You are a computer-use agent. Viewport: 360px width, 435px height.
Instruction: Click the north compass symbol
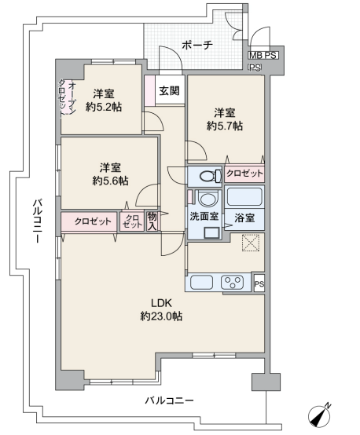pos(320,415)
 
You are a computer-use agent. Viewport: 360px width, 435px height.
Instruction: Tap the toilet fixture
pos(210,176)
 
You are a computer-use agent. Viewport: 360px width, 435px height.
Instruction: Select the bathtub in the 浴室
pos(244,196)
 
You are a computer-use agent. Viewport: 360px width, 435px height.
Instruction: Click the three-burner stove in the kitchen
pos(232,282)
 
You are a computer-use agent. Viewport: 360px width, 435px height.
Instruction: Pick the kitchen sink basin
pos(201,282)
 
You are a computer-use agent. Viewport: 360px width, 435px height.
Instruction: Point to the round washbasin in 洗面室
pos(208,199)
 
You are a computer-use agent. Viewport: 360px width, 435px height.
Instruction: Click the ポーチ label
pos(197,45)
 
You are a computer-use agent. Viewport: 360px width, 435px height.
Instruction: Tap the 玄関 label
pos(169,91)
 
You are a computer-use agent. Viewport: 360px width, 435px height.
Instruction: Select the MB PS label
pos(263,56)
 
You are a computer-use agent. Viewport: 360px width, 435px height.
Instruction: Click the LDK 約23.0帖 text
pos(161,309)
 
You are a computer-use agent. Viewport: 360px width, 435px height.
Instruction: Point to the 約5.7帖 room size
pos(225,126)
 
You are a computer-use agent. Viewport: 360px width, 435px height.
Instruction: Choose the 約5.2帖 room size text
pos(104,107)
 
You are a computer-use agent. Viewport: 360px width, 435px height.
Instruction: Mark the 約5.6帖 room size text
pos(110,181)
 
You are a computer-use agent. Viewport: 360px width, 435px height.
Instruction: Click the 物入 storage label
pos(152,221)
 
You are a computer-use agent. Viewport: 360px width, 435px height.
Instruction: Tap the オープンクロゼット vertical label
pos(67,97)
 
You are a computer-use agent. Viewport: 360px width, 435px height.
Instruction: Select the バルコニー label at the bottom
pos(169,400)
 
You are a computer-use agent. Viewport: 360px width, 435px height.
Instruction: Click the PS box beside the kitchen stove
pos(259,283)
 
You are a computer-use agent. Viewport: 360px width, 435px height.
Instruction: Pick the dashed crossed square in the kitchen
pos(251,243)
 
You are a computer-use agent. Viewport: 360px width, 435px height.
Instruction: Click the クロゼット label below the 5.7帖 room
pos(244,174)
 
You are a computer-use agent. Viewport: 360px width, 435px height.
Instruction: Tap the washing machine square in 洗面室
pos(211,232)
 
